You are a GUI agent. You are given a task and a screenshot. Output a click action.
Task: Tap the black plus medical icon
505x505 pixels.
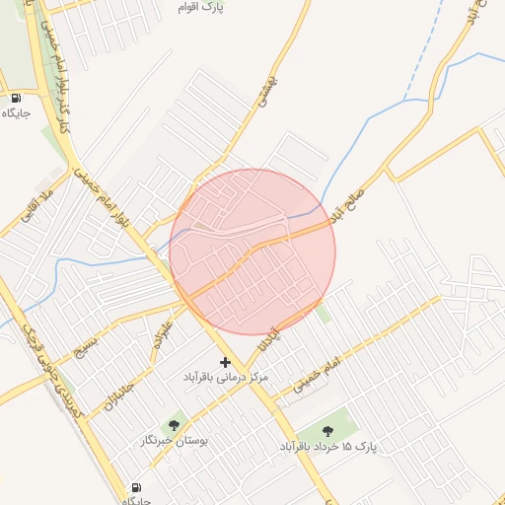coord(225,363)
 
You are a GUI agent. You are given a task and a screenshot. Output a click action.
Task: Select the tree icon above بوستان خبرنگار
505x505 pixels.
coord(175,425)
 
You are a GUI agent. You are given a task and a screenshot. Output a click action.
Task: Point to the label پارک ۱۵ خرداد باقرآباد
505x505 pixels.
coord(328,446)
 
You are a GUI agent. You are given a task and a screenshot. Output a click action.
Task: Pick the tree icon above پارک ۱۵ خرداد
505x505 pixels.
coord(328,430)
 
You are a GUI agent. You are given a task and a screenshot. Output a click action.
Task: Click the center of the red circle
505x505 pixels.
coord(252,252)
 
